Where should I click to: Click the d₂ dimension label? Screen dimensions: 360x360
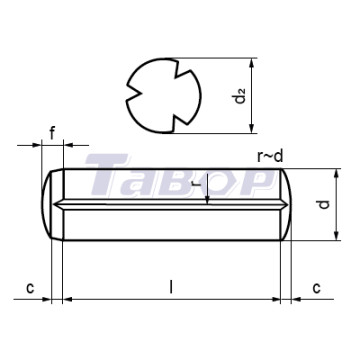point(240,95)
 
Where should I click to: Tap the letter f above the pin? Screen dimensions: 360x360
point(52,134)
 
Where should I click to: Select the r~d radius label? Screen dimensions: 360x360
point(270,156)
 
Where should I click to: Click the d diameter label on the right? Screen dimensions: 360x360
point(323,204)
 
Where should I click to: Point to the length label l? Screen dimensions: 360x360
point(171,287)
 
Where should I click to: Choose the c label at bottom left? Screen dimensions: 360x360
point(30,288)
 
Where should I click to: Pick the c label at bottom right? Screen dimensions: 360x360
point(316,288)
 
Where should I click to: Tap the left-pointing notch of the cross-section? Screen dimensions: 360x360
point(133,93)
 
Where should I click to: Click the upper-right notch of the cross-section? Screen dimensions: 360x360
point(183,72)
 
